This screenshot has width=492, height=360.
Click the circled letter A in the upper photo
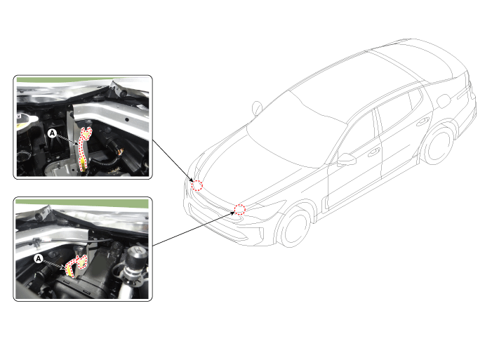point(52,133)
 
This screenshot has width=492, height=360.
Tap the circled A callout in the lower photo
point(39,259)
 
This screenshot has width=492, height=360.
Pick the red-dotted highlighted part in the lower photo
point(77,265)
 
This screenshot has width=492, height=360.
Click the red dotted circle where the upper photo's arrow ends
point(197,185)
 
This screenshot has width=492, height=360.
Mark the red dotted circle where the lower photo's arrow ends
point(240,209)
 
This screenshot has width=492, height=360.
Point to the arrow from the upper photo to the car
point(173,160)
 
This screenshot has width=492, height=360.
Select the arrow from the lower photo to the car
point(193,228)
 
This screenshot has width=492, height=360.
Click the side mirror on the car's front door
point(347,159)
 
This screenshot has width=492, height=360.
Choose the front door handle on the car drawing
point(373,152)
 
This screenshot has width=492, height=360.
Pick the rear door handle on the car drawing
point(423,121)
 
